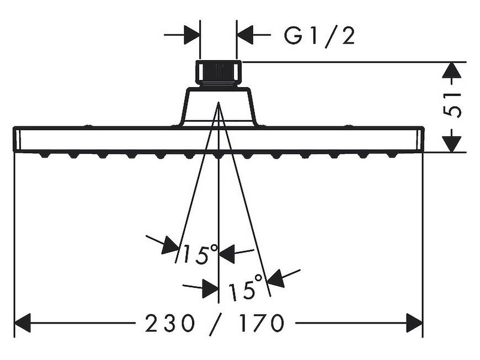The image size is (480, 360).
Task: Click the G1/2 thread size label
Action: click(319, 35)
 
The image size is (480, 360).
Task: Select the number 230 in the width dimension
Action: click(170, 323)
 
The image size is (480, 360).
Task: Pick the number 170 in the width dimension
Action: click(262, 323)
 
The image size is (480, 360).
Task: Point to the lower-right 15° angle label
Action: click(246, 287)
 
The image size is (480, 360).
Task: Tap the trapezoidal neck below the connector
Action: click(218, 106)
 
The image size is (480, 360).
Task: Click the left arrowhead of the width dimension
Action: click(23, 323)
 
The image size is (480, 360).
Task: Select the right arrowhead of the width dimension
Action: click(414, 323)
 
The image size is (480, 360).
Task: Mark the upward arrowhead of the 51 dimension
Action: click(451, 71)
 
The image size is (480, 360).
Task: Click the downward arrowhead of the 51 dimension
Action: click(451, 144)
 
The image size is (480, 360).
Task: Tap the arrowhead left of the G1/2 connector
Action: click(191, 35)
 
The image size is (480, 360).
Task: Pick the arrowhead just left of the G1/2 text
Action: click(245, 35)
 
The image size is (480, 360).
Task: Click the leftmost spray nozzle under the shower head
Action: click(44, 155)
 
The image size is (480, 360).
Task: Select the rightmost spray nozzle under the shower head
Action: click(392, 155)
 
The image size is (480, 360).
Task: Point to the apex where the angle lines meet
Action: click(218, 102)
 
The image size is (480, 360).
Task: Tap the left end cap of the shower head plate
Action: click(17, 139)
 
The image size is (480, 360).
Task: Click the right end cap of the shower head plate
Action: click(420, 139)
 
